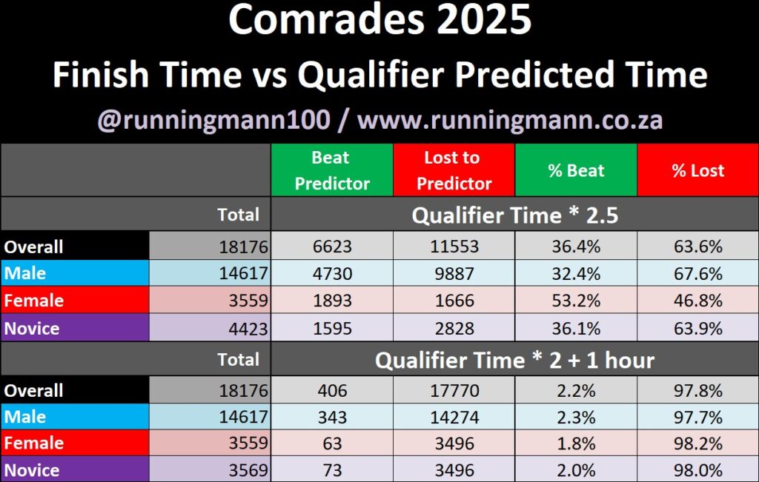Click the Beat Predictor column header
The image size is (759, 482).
332,170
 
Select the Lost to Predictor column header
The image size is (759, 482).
454,170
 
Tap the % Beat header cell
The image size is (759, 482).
576,170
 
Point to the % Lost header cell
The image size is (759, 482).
698,170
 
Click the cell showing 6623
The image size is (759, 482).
332,246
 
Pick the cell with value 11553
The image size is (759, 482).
454,246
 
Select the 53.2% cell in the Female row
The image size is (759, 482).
576,300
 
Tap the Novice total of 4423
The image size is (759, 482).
210,328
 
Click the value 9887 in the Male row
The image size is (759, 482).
454,273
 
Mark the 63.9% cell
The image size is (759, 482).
698,328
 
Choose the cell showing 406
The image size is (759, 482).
332,390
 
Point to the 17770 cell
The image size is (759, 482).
454,390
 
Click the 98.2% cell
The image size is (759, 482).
698,443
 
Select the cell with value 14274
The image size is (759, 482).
454,417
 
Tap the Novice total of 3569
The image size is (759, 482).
210,469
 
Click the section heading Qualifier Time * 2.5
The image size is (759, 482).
515,215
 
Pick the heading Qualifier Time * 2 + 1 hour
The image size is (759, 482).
515,360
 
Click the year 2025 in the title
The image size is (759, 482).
484,20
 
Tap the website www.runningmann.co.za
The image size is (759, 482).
510,120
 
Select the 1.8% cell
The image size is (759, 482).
576,443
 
